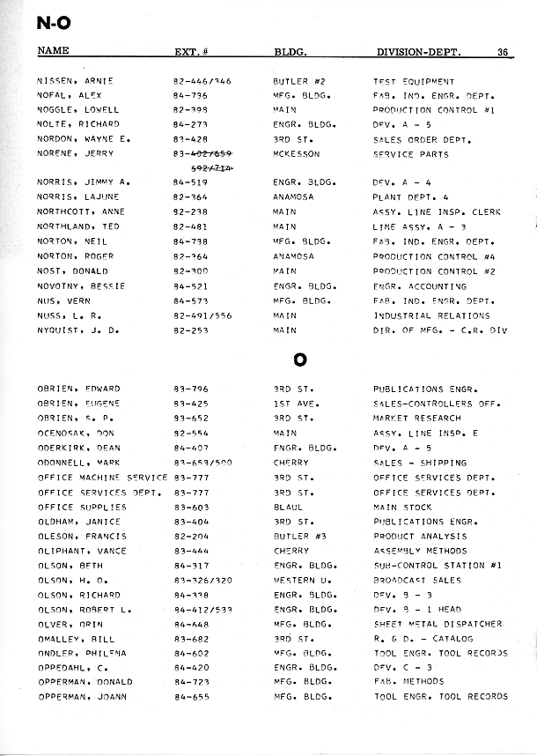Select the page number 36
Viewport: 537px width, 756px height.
502,51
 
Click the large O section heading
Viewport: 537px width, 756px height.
299,360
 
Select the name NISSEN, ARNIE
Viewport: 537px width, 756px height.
76,81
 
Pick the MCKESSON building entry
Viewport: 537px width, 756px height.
296,154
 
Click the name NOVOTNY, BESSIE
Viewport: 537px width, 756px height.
81,286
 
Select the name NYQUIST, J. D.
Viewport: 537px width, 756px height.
77,330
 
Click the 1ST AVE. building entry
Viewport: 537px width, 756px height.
293,404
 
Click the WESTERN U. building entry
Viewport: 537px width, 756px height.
299,581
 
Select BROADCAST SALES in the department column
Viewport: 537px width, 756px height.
416,581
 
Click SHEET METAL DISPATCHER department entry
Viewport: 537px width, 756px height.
438,624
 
